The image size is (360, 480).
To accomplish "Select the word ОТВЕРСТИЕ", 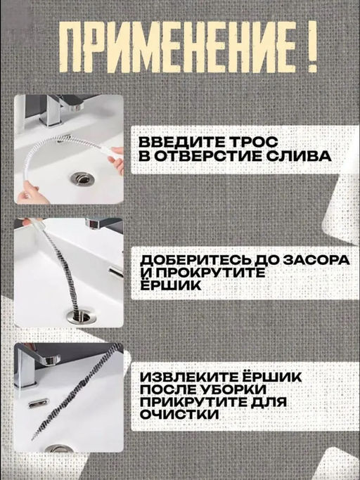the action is coord(207,156).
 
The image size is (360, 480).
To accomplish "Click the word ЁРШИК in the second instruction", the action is coord(170,285).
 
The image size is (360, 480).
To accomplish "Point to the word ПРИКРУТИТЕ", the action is coord(194,402).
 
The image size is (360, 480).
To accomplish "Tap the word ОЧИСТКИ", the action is coord(179,415).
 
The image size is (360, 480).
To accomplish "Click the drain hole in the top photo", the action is coord(82,179).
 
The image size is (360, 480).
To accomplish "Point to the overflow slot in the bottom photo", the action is coord(39,403).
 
